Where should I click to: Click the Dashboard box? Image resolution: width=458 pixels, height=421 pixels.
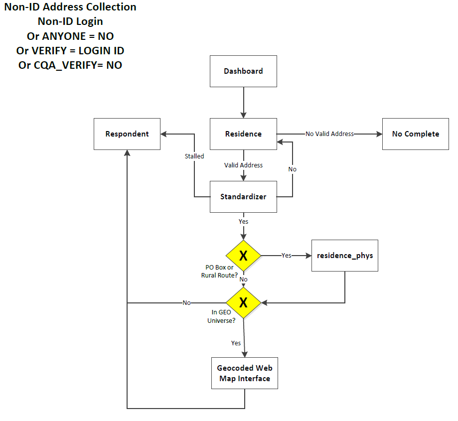click(x=243, y=71)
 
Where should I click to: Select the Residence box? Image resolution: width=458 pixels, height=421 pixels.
click(x=243, y=134)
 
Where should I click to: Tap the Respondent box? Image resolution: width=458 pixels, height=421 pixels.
click(x=127, y=134)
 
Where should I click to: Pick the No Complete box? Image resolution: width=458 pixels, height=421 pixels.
click(x=416, y=134)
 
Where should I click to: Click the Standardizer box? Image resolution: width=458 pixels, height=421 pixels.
click(x=243, y=197)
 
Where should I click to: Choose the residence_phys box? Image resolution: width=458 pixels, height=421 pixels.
click(x=345, y=256)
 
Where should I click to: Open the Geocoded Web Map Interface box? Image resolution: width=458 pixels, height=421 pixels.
click(x=244, y=374)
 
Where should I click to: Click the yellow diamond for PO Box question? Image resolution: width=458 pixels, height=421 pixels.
click(x=243, y=256)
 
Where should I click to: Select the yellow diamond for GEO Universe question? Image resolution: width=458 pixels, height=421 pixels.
click(x=243, y=302)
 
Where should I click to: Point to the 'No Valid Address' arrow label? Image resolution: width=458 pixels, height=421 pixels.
click(x=329, y=134)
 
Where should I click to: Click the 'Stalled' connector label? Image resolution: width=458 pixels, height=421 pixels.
click(x=194, y=156)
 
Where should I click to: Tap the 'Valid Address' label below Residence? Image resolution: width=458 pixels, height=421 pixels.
click(x=243, y=165)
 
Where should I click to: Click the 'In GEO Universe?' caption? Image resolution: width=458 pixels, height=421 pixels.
click(x=221, y=317)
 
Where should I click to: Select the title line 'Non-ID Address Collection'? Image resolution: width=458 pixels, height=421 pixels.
click(x=70, y=7)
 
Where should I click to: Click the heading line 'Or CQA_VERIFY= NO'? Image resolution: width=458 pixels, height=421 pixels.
click(x=70, y=65)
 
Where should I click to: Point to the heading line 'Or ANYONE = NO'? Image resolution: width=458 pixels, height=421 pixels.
click(x=70, y=36)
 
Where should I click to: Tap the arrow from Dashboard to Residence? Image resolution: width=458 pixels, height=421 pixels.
click(x=243, y=103)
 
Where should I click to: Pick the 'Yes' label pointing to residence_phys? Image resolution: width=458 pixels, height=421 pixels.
click(x=286, y=255)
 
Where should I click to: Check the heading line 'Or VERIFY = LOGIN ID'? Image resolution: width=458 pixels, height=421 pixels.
click(x=70, y=50)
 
